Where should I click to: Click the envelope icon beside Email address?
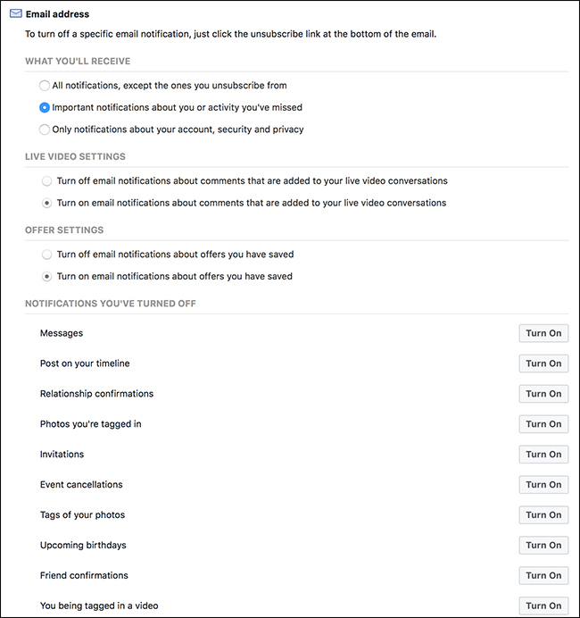click(x=15, y=14)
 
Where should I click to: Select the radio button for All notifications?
click(x=45, y=86)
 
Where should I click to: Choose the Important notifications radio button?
click(x=45, y=107)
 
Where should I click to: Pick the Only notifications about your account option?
click(x=45, y=129)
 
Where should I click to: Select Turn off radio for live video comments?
click(x=46, y=180)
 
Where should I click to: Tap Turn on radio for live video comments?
click(x=46, y=203)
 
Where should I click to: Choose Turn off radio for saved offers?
click(x=46, y=255)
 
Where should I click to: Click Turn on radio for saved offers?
click(x=46, y=277)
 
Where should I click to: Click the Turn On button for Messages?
click(x=543, y=333)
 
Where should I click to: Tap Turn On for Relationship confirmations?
click(x=543, y=394)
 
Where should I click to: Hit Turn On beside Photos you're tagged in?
click(x=543, y=424)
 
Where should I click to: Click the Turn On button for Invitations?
click(x=543, y=455)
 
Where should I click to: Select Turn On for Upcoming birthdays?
click(x=543, y=546)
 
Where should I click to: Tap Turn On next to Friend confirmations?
click(x=543, y=576)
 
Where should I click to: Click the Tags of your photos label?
click(x=82, y=515)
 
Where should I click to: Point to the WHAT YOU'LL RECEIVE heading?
click(x=77, y=61)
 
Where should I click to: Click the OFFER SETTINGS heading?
click(x=64, y=230)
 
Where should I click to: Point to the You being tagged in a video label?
click(x=99, y=606)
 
